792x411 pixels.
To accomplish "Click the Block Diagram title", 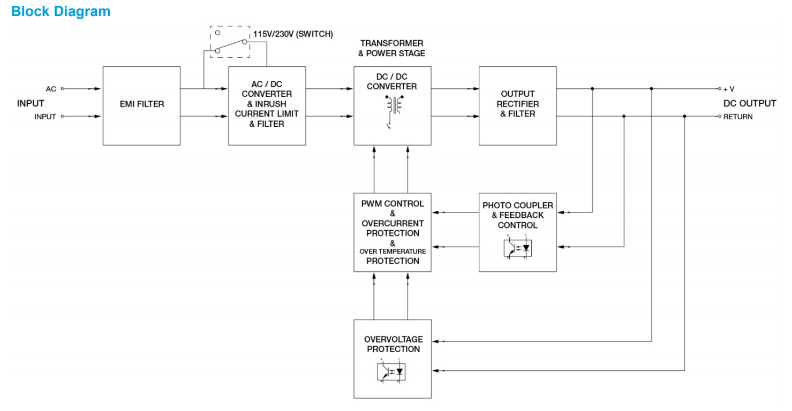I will (61, 11).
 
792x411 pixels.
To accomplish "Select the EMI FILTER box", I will (141, 104).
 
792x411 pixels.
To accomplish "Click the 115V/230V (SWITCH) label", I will (293, 34).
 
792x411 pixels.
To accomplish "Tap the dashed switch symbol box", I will (230, 41).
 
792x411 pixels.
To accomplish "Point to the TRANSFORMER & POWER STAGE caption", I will (392, 48).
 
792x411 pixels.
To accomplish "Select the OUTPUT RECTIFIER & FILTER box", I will (517, 104).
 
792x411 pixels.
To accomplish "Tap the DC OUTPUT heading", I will (749, 103).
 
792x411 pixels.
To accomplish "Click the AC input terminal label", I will (51, 89).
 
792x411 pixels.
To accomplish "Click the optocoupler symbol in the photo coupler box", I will (517, 248).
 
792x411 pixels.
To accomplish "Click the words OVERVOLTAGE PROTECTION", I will (393, 344).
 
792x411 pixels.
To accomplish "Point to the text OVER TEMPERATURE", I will (393, 252).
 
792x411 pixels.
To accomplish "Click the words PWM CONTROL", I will (393, 204).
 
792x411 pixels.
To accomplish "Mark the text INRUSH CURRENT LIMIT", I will (267, 109).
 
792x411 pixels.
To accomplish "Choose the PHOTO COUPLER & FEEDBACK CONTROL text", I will (517, 215).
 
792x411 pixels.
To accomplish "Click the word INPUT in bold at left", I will (31, 103).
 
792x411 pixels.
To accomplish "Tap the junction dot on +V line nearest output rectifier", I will (592, 89).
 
